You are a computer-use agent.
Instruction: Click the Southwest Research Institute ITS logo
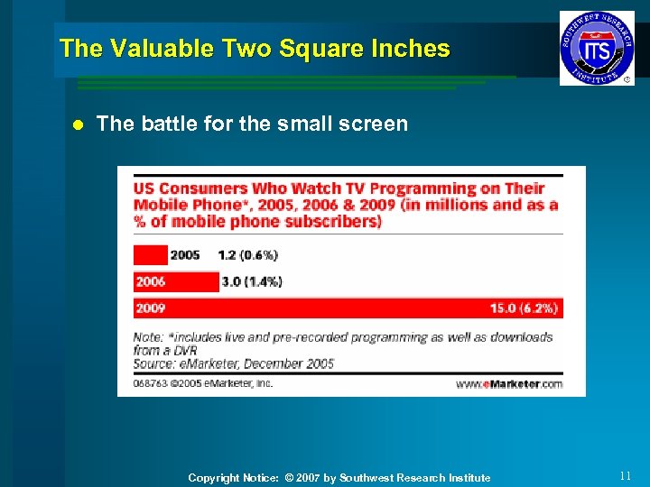click(597, 49)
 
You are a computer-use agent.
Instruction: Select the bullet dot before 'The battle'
click(78, 124)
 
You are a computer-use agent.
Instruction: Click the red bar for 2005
click(150, 255)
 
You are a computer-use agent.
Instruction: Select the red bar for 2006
click(176, 281)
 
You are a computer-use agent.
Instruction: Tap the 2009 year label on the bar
click(150, 308)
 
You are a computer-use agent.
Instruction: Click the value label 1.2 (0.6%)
click(248, 255)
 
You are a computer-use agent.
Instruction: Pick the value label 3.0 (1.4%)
click(252, 281)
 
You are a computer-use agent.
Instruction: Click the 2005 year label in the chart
click(184, 255)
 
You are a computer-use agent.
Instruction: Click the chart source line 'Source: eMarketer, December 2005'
click(234, 363)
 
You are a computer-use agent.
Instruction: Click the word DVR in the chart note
click(186, 350)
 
